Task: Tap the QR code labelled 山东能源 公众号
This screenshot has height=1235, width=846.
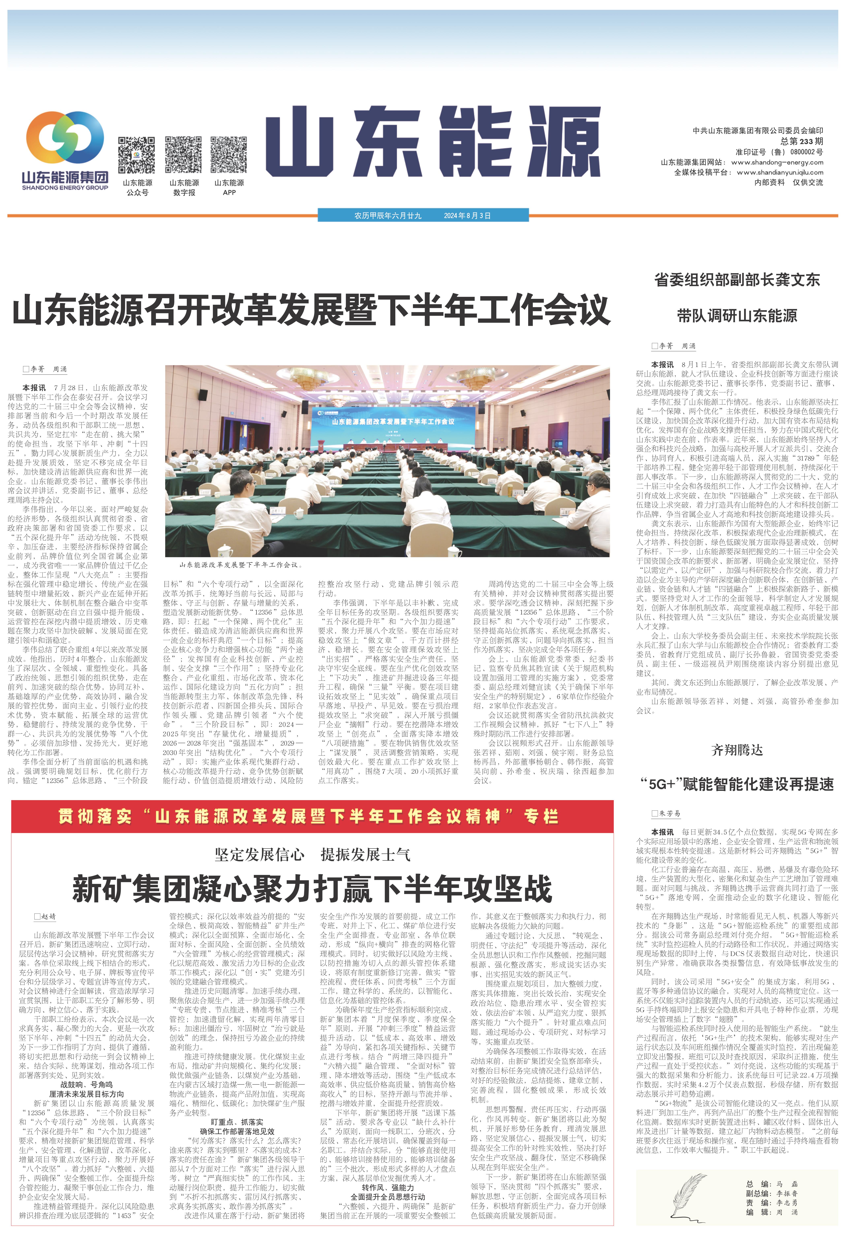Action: click(136, 155)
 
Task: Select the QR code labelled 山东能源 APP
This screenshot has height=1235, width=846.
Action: click(228, 155)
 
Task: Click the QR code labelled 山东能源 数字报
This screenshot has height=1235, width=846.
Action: click(183, 155)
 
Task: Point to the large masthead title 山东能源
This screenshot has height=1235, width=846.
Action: click(433, 141)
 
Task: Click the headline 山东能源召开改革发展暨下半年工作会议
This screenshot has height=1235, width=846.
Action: click(311, 311)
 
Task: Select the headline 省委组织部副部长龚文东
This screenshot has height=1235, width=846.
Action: click(737, 280)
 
